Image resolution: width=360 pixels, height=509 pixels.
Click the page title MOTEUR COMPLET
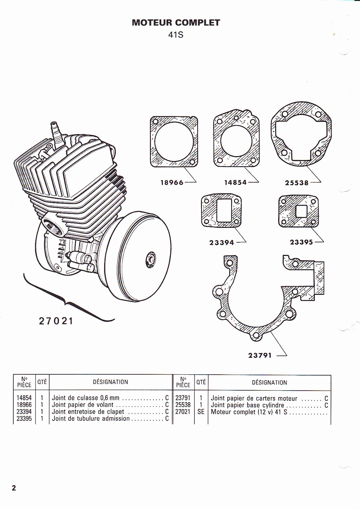coord(176,23)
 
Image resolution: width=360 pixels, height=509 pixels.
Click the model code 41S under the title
coord(176,34)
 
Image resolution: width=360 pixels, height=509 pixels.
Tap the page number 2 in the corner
coord(14,488)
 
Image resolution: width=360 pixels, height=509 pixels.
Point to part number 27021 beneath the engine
coord(56,321)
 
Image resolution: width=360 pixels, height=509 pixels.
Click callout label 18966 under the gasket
coord(172,183)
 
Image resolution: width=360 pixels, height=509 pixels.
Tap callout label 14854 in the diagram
coord(235,183)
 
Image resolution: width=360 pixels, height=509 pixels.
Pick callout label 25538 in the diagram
coord(297,183)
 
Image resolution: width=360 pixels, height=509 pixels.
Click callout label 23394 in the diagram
coord(222,242)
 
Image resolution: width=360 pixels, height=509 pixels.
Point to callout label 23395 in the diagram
coord(301,242)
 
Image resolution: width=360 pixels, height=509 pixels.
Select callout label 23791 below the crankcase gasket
coord(260,356)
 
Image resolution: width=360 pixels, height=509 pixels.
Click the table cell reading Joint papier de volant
coord(83,405)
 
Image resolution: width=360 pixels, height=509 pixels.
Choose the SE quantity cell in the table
coord(201,412)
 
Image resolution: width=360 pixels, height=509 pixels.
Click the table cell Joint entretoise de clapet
coord(88,412)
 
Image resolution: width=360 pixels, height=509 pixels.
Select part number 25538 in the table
coord(183,405)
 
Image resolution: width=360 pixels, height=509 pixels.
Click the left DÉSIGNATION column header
coord(111,382)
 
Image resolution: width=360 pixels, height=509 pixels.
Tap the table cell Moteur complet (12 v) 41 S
coord(249,412)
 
